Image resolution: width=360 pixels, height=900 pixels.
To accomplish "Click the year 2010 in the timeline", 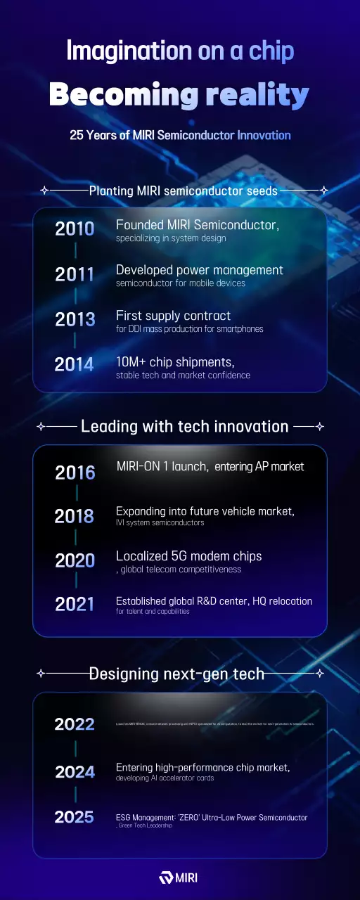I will [x=75, y=229].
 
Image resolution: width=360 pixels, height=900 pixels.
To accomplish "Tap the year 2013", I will [x=75, y=319].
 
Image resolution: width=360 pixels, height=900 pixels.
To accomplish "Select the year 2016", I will [x=75, y=472].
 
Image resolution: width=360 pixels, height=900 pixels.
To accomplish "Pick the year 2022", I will [x=75, y=724].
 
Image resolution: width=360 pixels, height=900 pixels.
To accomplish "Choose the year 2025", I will [x=75, y=817].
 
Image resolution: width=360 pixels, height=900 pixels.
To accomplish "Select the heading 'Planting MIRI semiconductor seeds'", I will [x=184, y=191].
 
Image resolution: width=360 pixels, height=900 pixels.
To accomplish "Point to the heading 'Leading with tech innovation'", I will [x=185, y=426].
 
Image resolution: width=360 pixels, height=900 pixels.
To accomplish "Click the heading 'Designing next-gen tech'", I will [x=176, y=674].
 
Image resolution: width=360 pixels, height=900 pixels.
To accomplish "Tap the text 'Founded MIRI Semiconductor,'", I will [x=198, y=225].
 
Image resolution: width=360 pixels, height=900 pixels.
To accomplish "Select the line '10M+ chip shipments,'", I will [x=175, y=361].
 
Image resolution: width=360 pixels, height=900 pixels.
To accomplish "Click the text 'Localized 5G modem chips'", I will [x=188, y=555].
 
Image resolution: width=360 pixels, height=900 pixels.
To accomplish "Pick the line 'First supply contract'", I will [x=173, y=316].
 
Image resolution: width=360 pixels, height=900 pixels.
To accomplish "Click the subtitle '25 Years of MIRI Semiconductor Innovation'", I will [x=180, y=135].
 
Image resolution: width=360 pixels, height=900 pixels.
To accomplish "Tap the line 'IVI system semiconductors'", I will [x=160, y=522].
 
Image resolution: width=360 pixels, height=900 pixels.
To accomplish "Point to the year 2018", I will [x=75, y=517].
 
